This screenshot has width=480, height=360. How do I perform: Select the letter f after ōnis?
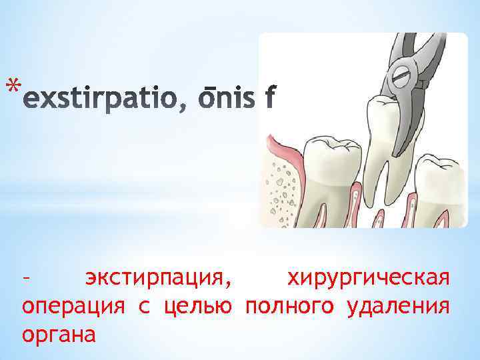269,99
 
